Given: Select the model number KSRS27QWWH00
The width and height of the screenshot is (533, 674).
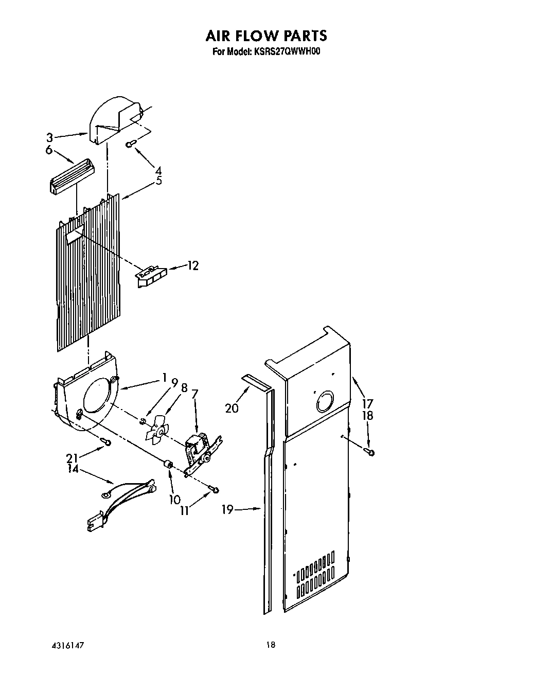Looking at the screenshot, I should [287, 51].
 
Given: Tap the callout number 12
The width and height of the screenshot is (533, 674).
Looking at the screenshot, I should [192, 266].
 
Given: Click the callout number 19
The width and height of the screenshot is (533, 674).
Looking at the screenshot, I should [227, 509].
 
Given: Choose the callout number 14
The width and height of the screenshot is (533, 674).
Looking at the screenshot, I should [73, 469].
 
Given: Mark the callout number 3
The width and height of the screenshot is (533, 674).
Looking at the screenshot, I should [49, 137].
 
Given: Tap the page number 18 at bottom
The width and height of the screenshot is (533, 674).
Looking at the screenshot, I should [271, 645].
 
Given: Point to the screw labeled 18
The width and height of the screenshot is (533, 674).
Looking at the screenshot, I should [370, 452].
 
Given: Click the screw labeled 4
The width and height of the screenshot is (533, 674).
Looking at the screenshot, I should [131, 145].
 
